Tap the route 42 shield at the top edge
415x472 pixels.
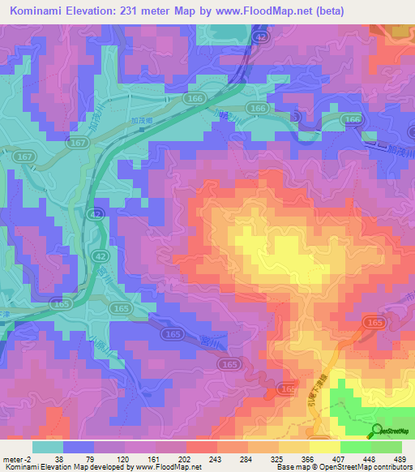pos(259,36)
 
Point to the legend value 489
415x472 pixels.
pos(398,459)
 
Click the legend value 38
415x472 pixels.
pos(60,459)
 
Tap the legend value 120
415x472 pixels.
pos(121,459)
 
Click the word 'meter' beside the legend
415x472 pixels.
pos(15,459)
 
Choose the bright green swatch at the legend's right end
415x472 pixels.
pos(386,447)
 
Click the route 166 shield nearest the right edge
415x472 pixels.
pos(353,120)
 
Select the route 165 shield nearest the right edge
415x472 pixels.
pos(373,323)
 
